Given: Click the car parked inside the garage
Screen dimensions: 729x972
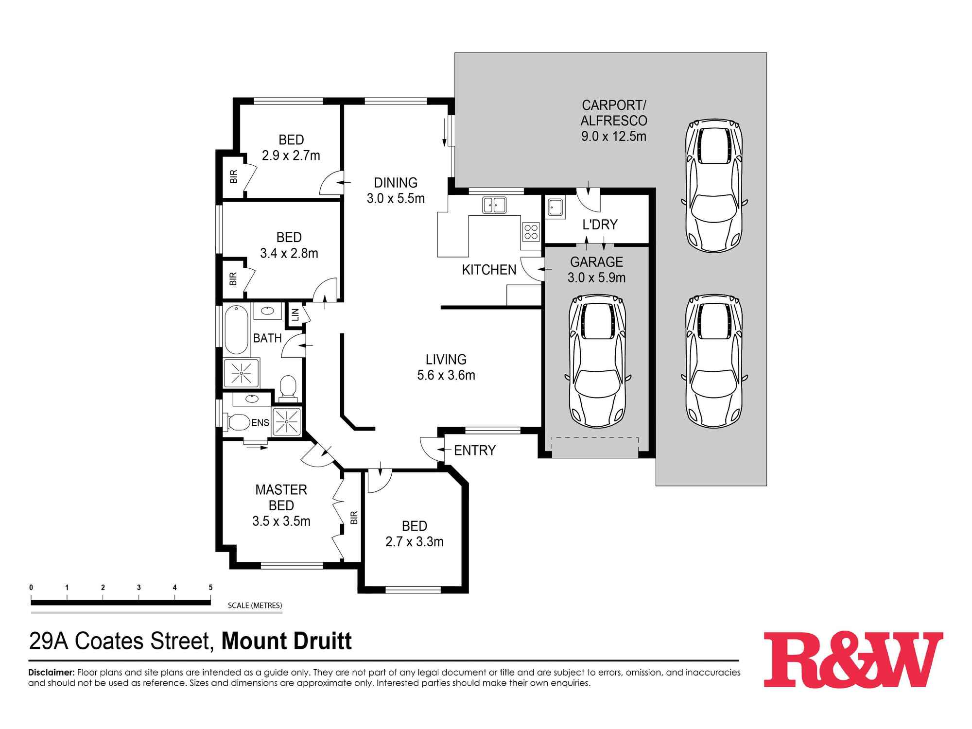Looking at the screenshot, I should point(597,360).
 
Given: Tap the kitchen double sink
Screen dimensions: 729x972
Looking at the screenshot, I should point(494,205).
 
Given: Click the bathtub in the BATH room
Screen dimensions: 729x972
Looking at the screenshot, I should point(236,330).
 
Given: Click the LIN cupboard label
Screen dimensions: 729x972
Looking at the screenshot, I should point(295,315).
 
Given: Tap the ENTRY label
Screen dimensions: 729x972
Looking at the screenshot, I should point(474,451).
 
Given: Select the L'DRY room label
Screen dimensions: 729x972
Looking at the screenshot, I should point(600,225).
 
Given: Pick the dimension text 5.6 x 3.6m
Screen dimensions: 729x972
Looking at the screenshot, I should point(446,375).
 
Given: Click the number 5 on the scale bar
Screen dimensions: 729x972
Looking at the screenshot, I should point(210,588).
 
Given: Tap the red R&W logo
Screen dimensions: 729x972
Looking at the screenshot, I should point(853,660).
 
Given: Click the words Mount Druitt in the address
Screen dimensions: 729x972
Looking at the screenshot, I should point(286,641).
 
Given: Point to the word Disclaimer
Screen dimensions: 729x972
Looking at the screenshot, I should point(51,673).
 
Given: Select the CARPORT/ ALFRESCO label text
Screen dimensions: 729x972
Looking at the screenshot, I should point(614,113).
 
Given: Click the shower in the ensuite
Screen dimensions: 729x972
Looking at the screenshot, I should point(287,421).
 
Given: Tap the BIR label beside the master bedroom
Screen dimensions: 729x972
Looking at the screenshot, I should point(354,517).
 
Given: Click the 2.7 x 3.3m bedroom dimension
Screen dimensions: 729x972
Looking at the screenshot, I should point(414,541).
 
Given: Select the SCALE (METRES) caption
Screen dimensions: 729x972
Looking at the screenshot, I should point(255,606).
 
